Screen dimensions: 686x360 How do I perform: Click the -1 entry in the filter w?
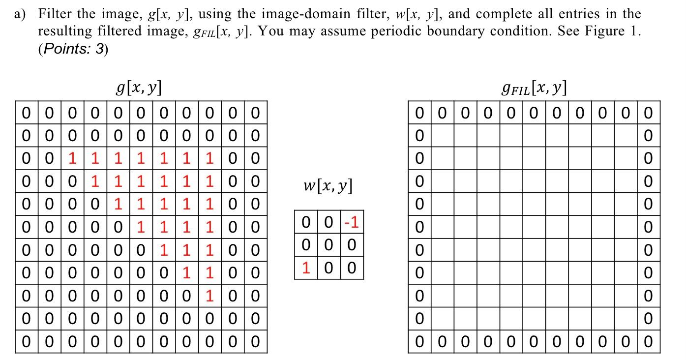click(352, 222)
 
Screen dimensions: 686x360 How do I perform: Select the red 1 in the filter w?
click(306, 268)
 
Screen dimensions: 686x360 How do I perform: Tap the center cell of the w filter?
click(329, 245)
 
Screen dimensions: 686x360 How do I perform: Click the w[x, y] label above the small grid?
click(328, 186)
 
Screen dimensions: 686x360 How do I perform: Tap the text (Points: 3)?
click(73, 49)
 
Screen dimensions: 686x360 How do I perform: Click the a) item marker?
click(20, 14)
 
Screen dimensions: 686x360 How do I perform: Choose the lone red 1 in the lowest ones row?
click(209, 296)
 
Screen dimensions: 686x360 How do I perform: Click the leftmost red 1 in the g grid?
click(73, 158)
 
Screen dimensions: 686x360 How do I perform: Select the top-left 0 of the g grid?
click(27, 113)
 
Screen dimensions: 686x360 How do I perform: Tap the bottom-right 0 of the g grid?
click(255, 341)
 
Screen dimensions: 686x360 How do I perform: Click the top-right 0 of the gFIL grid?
click(648, 113)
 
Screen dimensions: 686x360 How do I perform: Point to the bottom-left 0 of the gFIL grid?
click(419, 341)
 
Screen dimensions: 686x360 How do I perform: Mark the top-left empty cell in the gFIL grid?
click(442, 135)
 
